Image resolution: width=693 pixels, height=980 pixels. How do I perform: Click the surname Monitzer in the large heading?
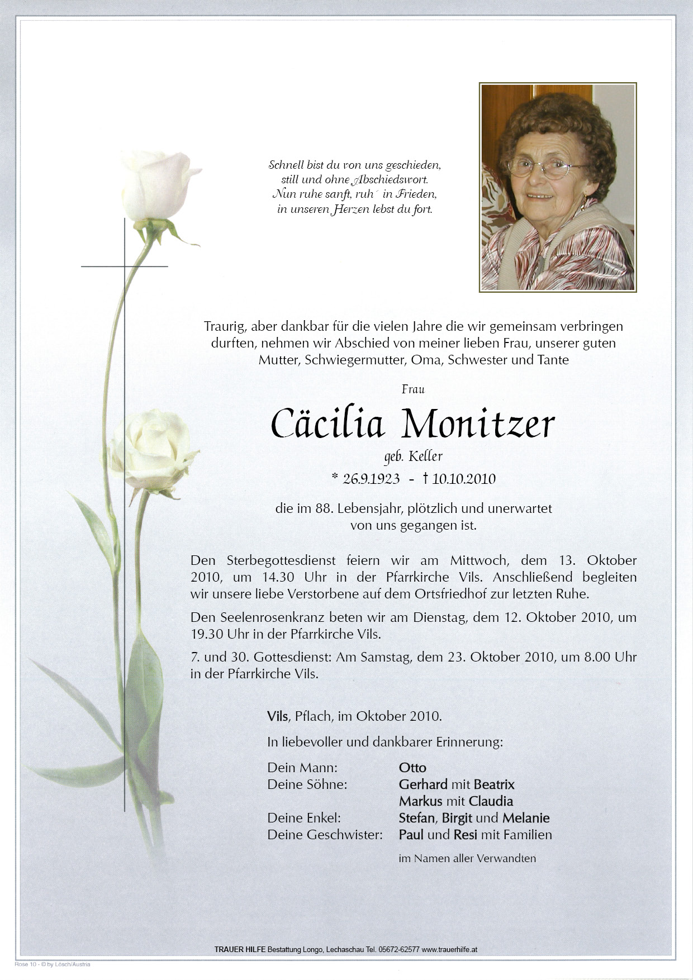(x=477, y=426)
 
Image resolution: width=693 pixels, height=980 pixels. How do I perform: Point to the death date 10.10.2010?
(x=463, y=479)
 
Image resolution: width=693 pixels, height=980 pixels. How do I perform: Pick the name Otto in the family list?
(x=412, y=768)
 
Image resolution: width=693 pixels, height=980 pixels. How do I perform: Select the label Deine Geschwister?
(x=325, y=835)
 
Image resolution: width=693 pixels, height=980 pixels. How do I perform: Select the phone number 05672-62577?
(x=399, y=949)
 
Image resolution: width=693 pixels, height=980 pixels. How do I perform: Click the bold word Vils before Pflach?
(x=278, y=716)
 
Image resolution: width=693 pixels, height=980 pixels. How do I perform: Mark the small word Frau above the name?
(x=413, y=389)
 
